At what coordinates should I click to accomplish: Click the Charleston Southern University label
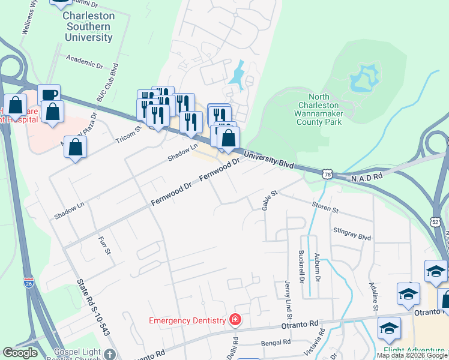(88, 27)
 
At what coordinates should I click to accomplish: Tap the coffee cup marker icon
(49, 95)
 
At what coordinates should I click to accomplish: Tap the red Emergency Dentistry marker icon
(235, 319)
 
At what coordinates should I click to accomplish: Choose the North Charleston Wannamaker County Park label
(319, 109)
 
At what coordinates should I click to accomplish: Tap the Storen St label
(326, 208)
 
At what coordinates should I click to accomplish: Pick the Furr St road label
(104, 245)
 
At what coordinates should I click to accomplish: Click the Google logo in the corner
(20, 353)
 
